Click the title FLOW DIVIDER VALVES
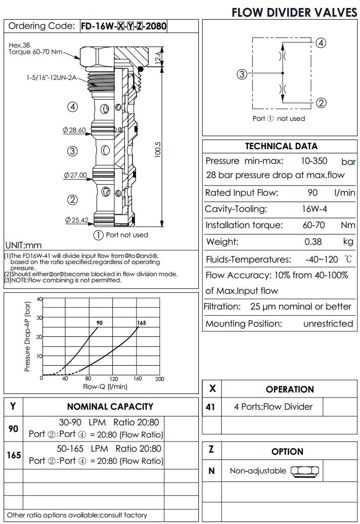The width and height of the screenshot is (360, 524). (x=294, y=13)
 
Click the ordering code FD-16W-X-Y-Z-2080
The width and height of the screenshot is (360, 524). (x=124, y=26)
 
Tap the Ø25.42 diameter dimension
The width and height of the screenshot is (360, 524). (x=76, y=220)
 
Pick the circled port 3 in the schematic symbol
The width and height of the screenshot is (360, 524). (x=242, y=75)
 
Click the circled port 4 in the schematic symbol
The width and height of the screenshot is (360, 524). (x=320, y=43)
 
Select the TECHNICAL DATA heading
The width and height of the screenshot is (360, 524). (x=281, y=146)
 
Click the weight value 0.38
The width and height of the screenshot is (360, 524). (x=313, y=242)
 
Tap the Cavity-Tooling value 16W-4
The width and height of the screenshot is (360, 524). (x=313, y=209)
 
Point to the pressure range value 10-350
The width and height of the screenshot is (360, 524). (x=313, y=161)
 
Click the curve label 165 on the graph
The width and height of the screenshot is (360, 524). (x=141, y=323)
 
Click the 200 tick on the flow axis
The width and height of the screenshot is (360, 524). (x=159, y=379)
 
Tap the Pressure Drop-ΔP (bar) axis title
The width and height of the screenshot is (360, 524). (x=28, y=337)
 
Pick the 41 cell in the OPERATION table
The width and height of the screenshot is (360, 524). (x=211, y=407)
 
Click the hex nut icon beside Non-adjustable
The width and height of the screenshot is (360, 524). (x=304, y=471)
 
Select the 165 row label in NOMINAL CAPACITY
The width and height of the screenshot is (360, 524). (x=14, y=455)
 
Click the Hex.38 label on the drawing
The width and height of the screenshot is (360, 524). (x=19, y=45)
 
